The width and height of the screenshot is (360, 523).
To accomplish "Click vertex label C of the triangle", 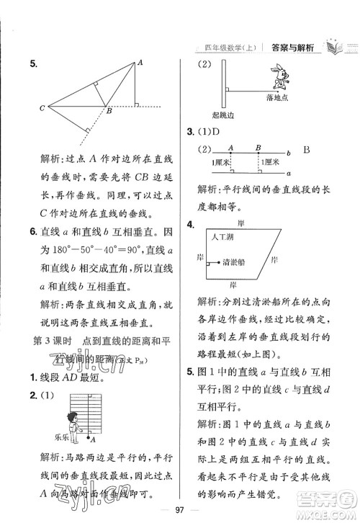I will coord(42,109).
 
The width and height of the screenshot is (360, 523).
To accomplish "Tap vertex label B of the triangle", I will coord(108,112).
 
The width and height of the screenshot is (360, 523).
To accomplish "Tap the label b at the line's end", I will coord(288,153).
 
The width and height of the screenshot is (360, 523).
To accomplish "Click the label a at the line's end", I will coord(288,174).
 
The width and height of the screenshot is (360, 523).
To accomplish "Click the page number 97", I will coord(180,511).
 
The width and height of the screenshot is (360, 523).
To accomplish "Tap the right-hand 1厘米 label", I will coord(273,164).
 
